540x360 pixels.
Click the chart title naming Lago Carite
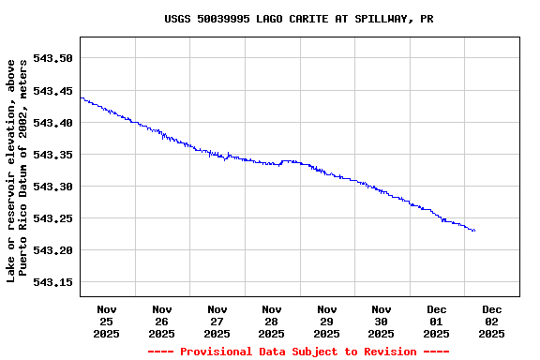pos(298,19)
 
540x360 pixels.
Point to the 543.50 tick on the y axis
pos(52,58)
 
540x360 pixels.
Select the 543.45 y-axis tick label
pos(52,91)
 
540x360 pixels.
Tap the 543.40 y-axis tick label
pos(52,123)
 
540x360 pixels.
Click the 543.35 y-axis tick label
pos(52,155)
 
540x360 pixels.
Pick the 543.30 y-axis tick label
pos(52,187)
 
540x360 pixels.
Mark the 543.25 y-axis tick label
pos(52,218)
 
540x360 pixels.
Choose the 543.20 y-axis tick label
pos(52,250)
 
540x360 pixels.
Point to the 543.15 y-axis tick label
pos(52,282)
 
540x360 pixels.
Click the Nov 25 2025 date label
pos(107,321)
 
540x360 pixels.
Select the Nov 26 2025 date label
pos(161,321)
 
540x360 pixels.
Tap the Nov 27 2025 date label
pos(217,321)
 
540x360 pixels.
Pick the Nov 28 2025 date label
pos(272,321)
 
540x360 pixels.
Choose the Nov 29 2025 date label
pos(326,321)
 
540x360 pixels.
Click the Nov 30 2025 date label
pos(382,321)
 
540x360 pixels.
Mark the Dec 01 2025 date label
pos(437,321)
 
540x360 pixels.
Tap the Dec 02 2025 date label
pos(491,321)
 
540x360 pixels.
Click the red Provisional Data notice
pos(298,352)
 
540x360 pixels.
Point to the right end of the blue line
pos(474,231)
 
